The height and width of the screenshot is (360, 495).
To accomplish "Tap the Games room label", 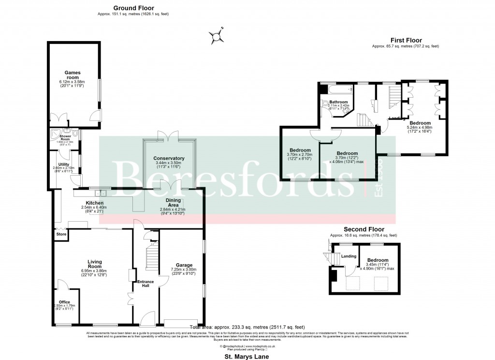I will (73, 75).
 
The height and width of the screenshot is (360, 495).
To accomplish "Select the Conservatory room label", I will (169, 158).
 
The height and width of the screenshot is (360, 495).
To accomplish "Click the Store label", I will (61, 234).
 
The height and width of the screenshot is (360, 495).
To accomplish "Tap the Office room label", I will (64, 302).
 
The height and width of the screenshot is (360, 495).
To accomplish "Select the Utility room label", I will (64, 164).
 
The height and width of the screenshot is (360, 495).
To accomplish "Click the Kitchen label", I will (94, 203).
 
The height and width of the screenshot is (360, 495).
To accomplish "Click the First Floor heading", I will (406, 40).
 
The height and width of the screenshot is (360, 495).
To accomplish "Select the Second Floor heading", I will (364, 229).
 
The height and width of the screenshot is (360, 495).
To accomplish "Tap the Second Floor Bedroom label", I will (377, 260).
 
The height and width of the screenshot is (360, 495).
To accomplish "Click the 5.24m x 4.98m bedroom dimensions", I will (420, 128).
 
